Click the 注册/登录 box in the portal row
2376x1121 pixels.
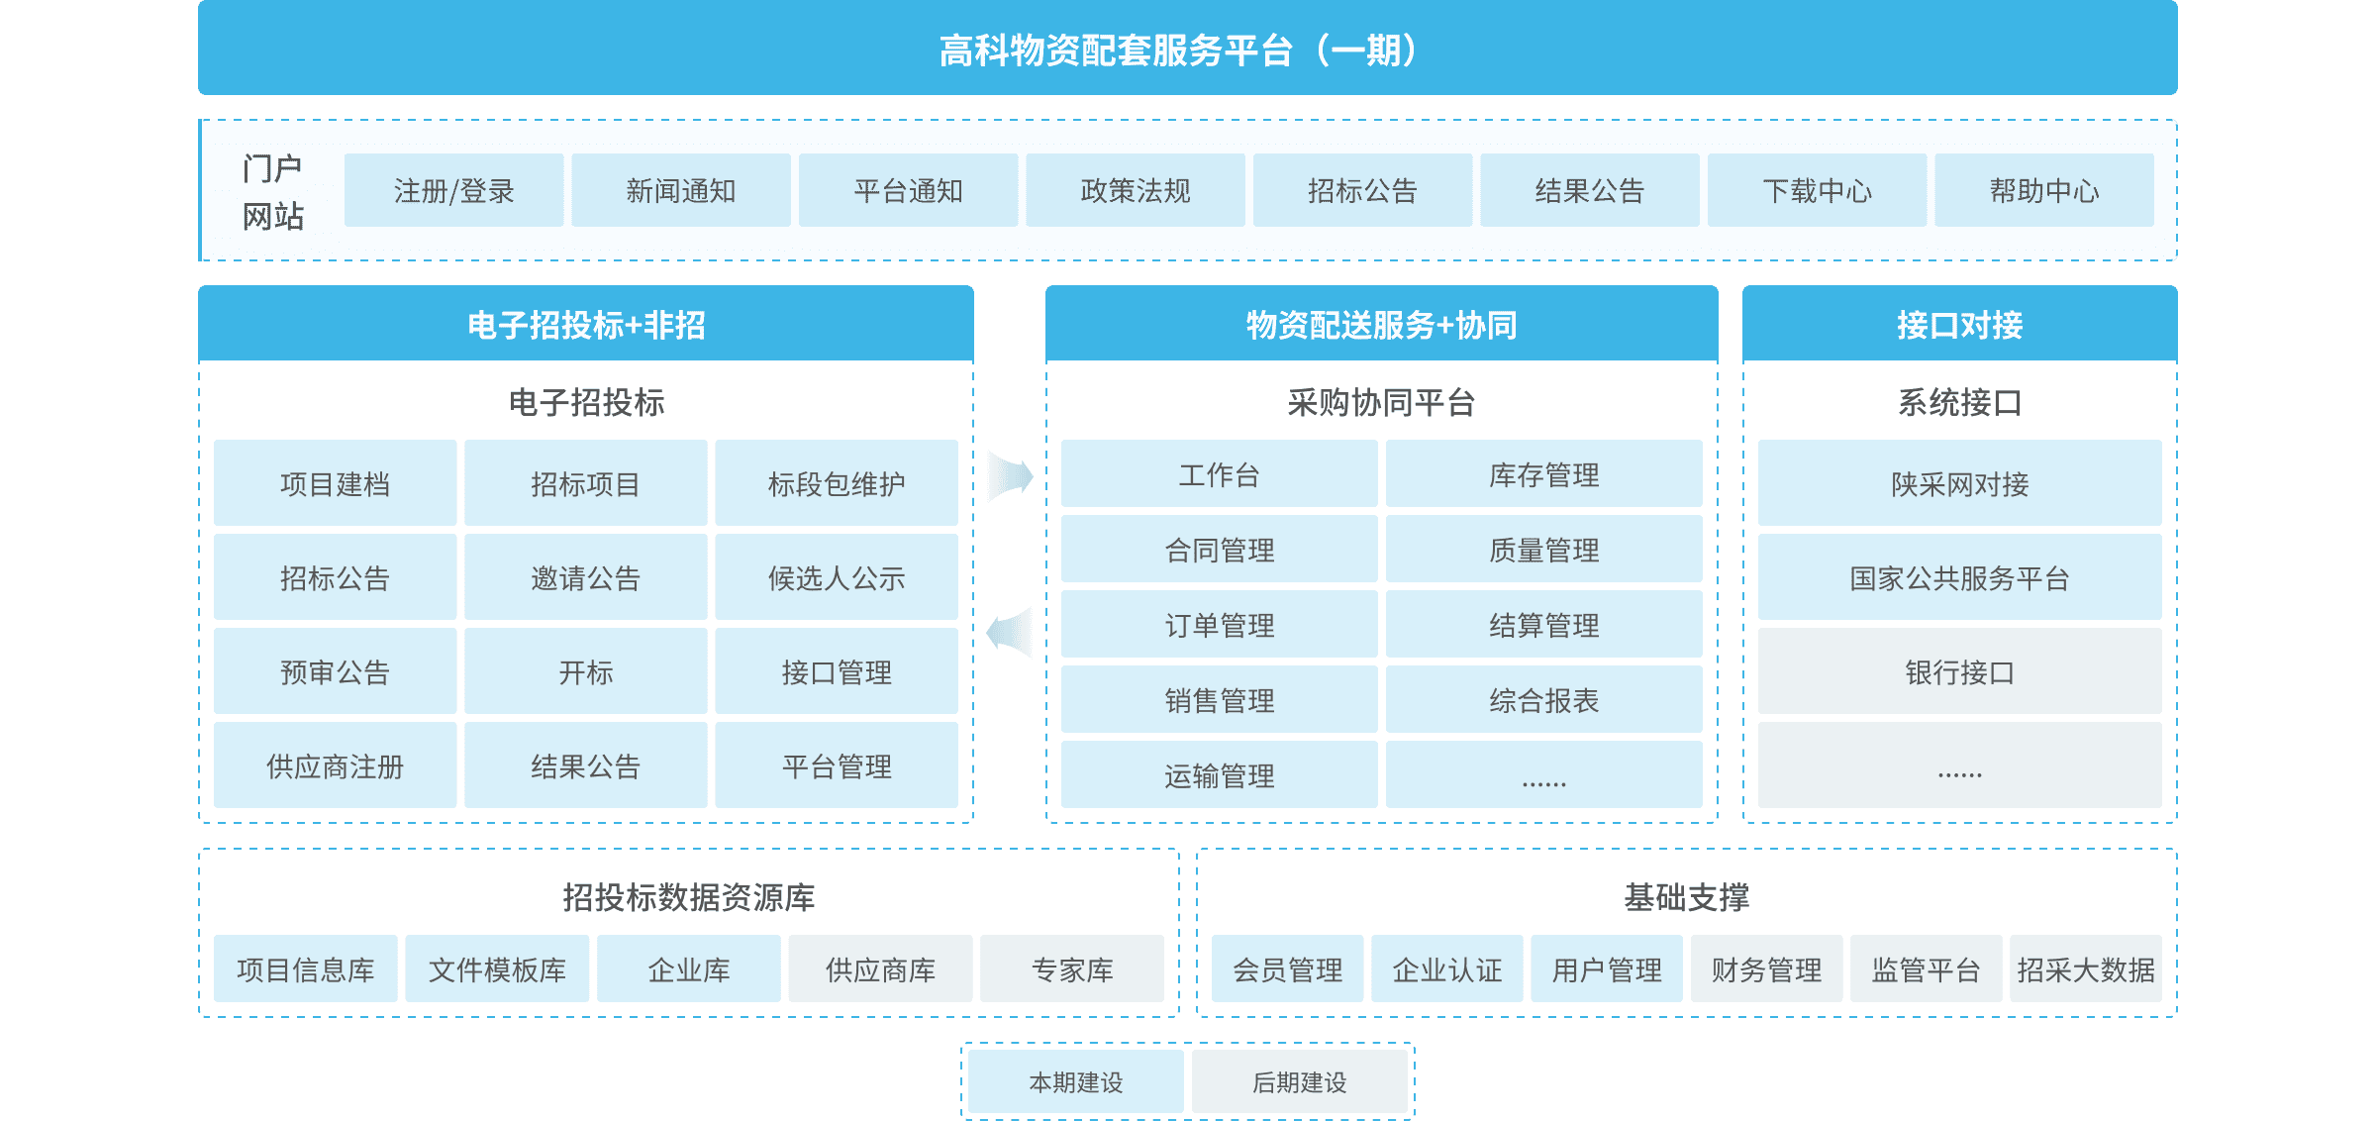[x=453, y=190]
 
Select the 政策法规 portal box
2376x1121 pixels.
[x=1135, y=190]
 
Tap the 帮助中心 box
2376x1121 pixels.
[x=2043, y=190]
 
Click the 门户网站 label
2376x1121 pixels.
[x=272, y=192]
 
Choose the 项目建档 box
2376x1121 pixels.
[x=335, y=483]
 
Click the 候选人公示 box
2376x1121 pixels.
[x=836, y=577]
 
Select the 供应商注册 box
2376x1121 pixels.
[x=335, y=765]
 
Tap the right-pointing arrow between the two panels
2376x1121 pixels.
[x=1010, y=476]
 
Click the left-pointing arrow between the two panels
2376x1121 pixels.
[x=1010, y=632]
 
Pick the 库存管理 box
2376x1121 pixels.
[x=1543, y=474]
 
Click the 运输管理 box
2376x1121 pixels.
[x=1219, y=774]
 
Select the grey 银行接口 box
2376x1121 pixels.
[x=1959, y=671]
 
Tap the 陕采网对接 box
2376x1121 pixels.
[x=1959, y=483]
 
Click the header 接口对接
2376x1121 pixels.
[x=1959, y=324]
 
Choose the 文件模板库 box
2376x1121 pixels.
[x=497, y=968]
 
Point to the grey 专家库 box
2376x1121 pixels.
[x=1072, y=968]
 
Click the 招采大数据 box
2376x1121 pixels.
[x=2085, y=968]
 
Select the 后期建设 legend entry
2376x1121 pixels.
[x=1299, y=1081]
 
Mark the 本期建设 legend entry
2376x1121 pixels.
[x=1075, y=1081]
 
